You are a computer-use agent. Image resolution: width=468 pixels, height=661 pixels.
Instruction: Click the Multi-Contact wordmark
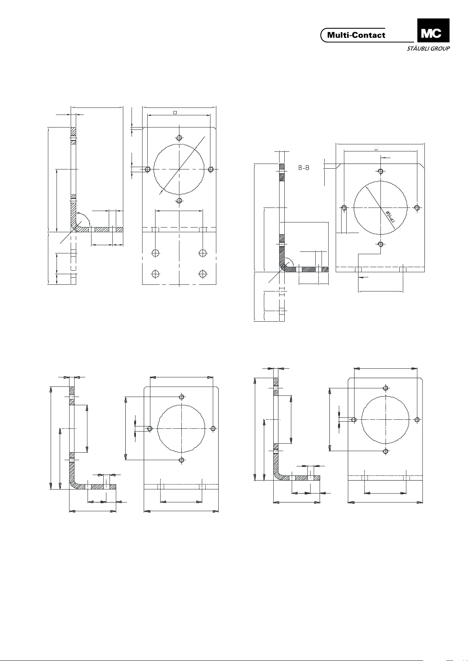(x=356, y=35)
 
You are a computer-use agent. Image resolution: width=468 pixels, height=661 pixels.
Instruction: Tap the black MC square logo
(x=433, y=30)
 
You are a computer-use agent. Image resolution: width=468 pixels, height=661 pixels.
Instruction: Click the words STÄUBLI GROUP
(x=428, y=49)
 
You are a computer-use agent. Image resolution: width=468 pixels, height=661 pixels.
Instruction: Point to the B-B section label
(x=303, y=168)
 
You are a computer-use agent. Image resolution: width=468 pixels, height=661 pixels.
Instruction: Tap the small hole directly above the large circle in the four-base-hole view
(x=179, y=138)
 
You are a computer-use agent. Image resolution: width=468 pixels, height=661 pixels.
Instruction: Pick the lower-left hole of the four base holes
(x=155, y=274)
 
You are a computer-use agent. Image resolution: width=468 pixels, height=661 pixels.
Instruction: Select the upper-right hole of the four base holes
(x=203, y=253)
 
